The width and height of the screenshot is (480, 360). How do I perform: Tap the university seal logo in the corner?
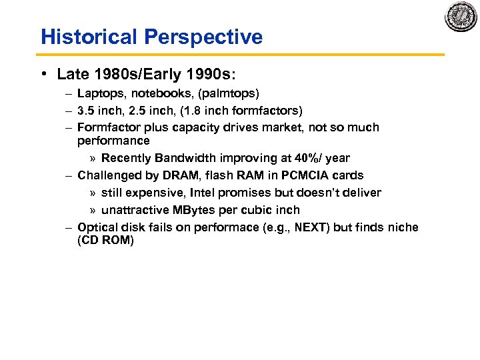pos(461,17)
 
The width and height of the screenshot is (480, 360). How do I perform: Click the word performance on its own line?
pos(113,141)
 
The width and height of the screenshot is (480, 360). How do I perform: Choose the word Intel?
pos(205,193)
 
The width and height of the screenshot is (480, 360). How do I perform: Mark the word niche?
pos(402,227)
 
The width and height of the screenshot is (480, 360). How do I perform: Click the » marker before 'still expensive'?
pos(93,193)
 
